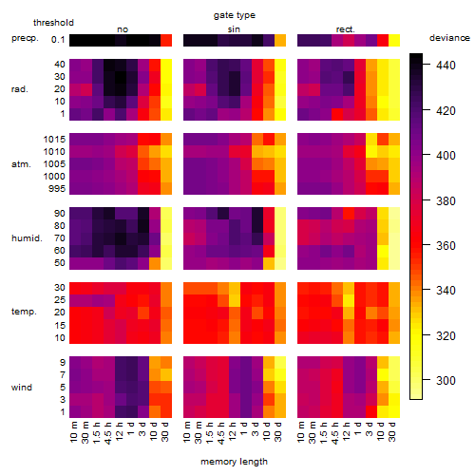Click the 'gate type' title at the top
point(235,15)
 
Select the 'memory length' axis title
point(234,462)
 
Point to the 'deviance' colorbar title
point(449,38)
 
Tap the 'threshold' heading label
point(53,23)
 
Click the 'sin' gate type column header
point(234,29)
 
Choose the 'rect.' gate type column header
point(345,29)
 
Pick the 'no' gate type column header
point(123,29)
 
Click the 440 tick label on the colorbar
point(446,66)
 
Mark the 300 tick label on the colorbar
point(446,380)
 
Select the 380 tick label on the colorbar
point(446,201)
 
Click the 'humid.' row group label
point(27,238)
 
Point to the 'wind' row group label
point(22,388)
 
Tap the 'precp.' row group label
point(25,38)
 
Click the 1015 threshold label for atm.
point(54,140)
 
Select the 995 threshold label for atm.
point(57,189)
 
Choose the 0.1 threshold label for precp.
point(58,40)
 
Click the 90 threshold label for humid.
point(60,214)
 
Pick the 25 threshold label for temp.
point(60,300)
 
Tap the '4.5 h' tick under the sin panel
point(221,433)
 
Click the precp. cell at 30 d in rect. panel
point(394,40)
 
